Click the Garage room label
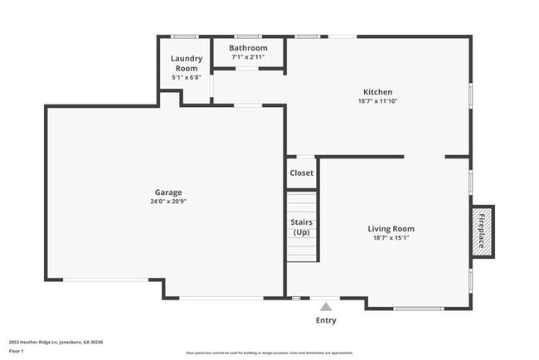(x=168, y=192)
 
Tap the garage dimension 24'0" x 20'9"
(x=168, y=202)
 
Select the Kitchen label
(x=377, y=92)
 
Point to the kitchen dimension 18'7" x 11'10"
(x=377, y=101)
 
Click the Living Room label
(x=391, y=229)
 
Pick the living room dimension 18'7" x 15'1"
(x=391, y=238)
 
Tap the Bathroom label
(x=249, y=48)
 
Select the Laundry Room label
(x=187, y=63)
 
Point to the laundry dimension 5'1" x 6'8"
(x=187, y=77)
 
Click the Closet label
(x=301, y=173)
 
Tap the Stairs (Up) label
(x=301, y=226)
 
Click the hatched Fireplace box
(x=481, y=230)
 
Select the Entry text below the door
(x=326, y=320)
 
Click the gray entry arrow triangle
(x=326, y=307)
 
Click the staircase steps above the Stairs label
(x=302, y=203)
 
